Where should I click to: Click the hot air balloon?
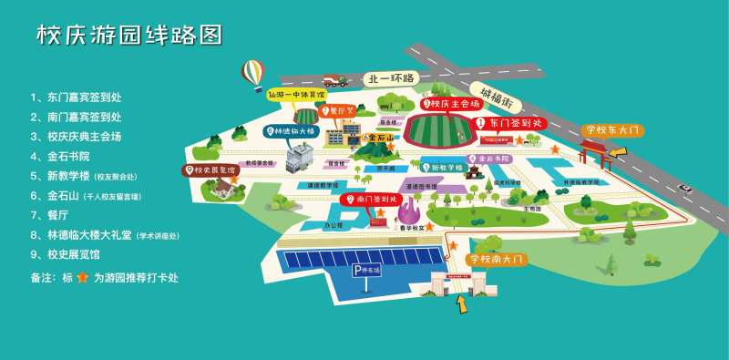coord(252,73)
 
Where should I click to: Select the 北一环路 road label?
coord(390,78)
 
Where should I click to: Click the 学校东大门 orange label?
coord(614,130)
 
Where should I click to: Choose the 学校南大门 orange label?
coord(496,259)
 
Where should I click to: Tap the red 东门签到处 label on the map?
coord(509,122)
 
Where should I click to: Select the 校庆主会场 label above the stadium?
coord(452,104)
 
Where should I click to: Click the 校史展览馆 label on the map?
coord(210,170)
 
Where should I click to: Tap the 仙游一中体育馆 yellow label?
coord(296,94)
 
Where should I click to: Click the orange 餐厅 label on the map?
coord(338,112)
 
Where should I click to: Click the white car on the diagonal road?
coord(685,189)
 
